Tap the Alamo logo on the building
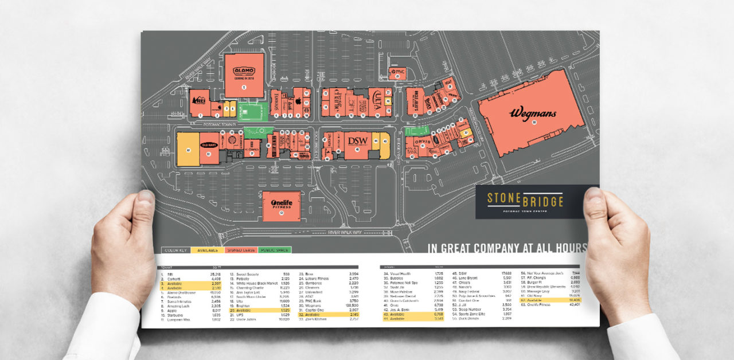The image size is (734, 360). pos(244,71)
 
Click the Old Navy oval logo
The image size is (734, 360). pos(209,144)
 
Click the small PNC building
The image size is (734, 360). pos(397,73)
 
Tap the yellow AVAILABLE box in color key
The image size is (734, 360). pos(208,250)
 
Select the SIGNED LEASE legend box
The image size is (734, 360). pos(241,250)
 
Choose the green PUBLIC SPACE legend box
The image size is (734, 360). pos(275,250)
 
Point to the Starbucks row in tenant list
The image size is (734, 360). pos(190,315)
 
